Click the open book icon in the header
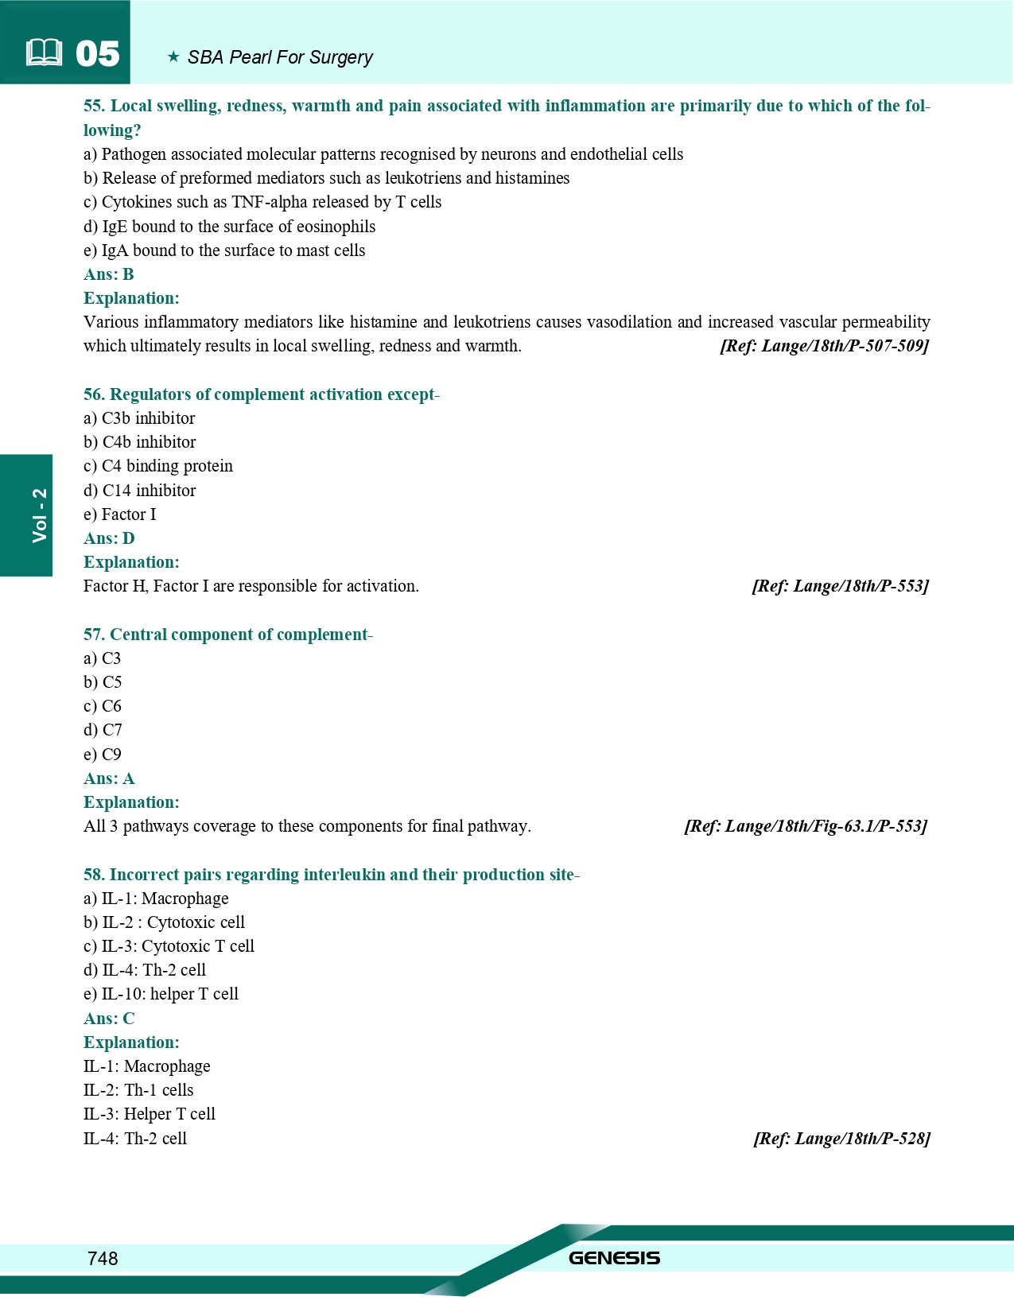click(x=44, y=53)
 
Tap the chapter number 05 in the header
click(x=97, y=54)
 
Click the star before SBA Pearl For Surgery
click(x=173, y=57)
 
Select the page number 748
click(x=103, y=1258)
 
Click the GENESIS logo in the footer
click(x=614, y=1258)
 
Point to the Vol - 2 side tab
click(x=39, y=515)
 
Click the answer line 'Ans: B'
click(x=109, y=274)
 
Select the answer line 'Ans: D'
click(x=109, y=538)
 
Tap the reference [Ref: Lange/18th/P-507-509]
click(x=824, y=346)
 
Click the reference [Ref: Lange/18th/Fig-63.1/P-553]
click(x=805, y=826)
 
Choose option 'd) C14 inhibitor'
click(x=140, y=491)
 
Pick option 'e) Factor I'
click(x=120, y=514)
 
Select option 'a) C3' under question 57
click(x=103, y=658)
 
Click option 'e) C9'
click(x=103, y=755)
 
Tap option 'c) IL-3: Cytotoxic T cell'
click(x=169, y=946)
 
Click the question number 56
click(x=94, y=394)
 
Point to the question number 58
click(x=94, y=875)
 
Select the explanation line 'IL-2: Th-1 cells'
click(x=138, y=1090)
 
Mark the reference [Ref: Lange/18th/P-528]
click(x=841, y=1139)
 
